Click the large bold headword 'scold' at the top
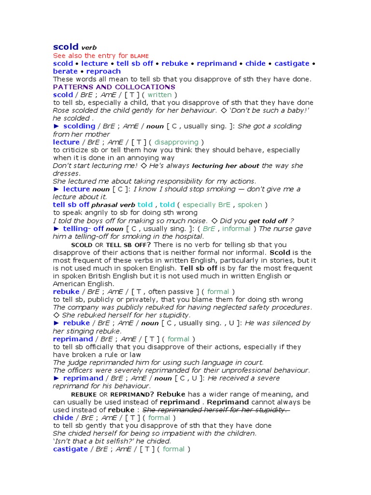coord(66,47)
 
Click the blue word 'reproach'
coord(103,71)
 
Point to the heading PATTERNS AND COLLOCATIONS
coord(114,87)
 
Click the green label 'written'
coord(159,95)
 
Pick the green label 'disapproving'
coord(176,142)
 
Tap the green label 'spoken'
coord(250,204)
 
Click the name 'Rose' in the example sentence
coord(61,110)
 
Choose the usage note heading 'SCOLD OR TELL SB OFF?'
coord(111,245)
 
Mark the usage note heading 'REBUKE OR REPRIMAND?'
coord(113,394)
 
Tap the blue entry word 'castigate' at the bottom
coord(71,449)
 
